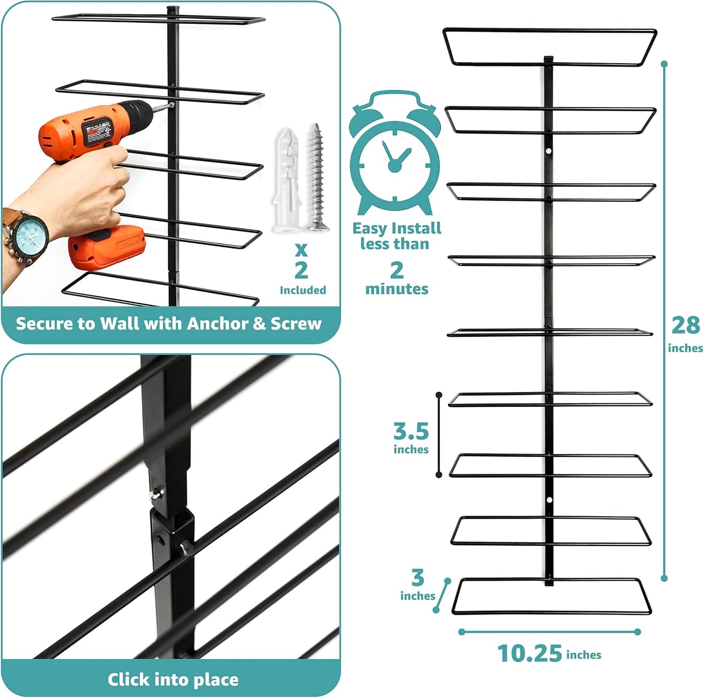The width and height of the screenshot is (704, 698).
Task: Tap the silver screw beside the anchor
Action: (x=317, y=178)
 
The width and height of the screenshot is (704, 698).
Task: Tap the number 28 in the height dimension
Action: (x=685, y=325)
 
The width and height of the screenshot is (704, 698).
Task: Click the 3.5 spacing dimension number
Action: (x=411, y=432)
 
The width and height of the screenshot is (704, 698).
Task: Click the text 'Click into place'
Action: (x=173, y=679)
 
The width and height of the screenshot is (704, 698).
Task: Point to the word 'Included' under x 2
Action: (x=303, y=290)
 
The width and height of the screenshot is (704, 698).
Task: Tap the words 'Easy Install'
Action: (x=396, y=228)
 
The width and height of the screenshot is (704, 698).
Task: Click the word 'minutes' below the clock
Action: (x=397, y=289)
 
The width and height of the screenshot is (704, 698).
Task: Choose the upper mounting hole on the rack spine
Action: (x=549, y=151)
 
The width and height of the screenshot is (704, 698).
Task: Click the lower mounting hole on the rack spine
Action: (x=549, y=500)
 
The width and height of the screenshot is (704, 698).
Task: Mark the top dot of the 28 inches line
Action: (x=664, y=64)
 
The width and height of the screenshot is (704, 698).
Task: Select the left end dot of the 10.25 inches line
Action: (x=461, y=632)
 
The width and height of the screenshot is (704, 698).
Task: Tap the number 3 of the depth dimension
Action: (x=418, y=578)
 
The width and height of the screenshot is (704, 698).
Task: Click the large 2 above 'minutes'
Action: (x=397, y=270)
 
